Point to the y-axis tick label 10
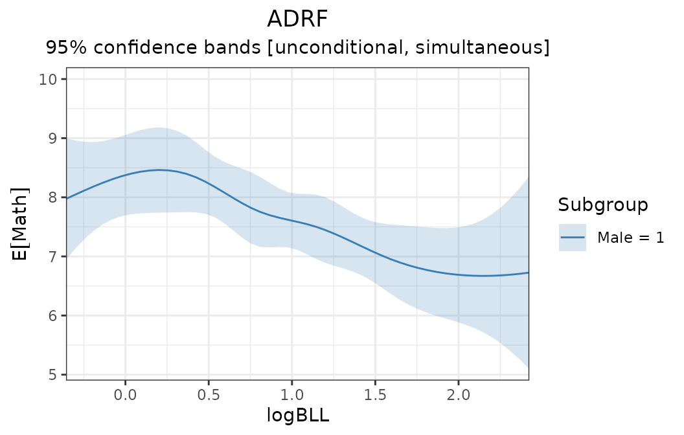52,79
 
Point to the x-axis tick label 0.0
125,394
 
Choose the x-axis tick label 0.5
209,394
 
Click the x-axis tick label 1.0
291,394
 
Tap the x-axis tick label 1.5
375,394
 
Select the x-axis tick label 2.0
458,394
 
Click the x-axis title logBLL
298,416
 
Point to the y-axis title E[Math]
21,224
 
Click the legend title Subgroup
602,206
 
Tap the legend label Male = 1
630,238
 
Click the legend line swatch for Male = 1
573,238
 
